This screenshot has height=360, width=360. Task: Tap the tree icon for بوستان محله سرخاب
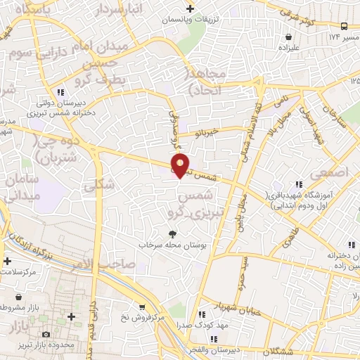[173, 233]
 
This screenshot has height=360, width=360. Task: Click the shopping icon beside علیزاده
[289, 37]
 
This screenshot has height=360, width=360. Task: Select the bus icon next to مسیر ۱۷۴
[344, 27]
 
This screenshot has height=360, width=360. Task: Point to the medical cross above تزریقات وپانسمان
[189, 8]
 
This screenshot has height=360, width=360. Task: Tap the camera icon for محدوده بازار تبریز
[46, 335]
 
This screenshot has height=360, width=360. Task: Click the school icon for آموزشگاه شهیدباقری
[303, 181]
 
